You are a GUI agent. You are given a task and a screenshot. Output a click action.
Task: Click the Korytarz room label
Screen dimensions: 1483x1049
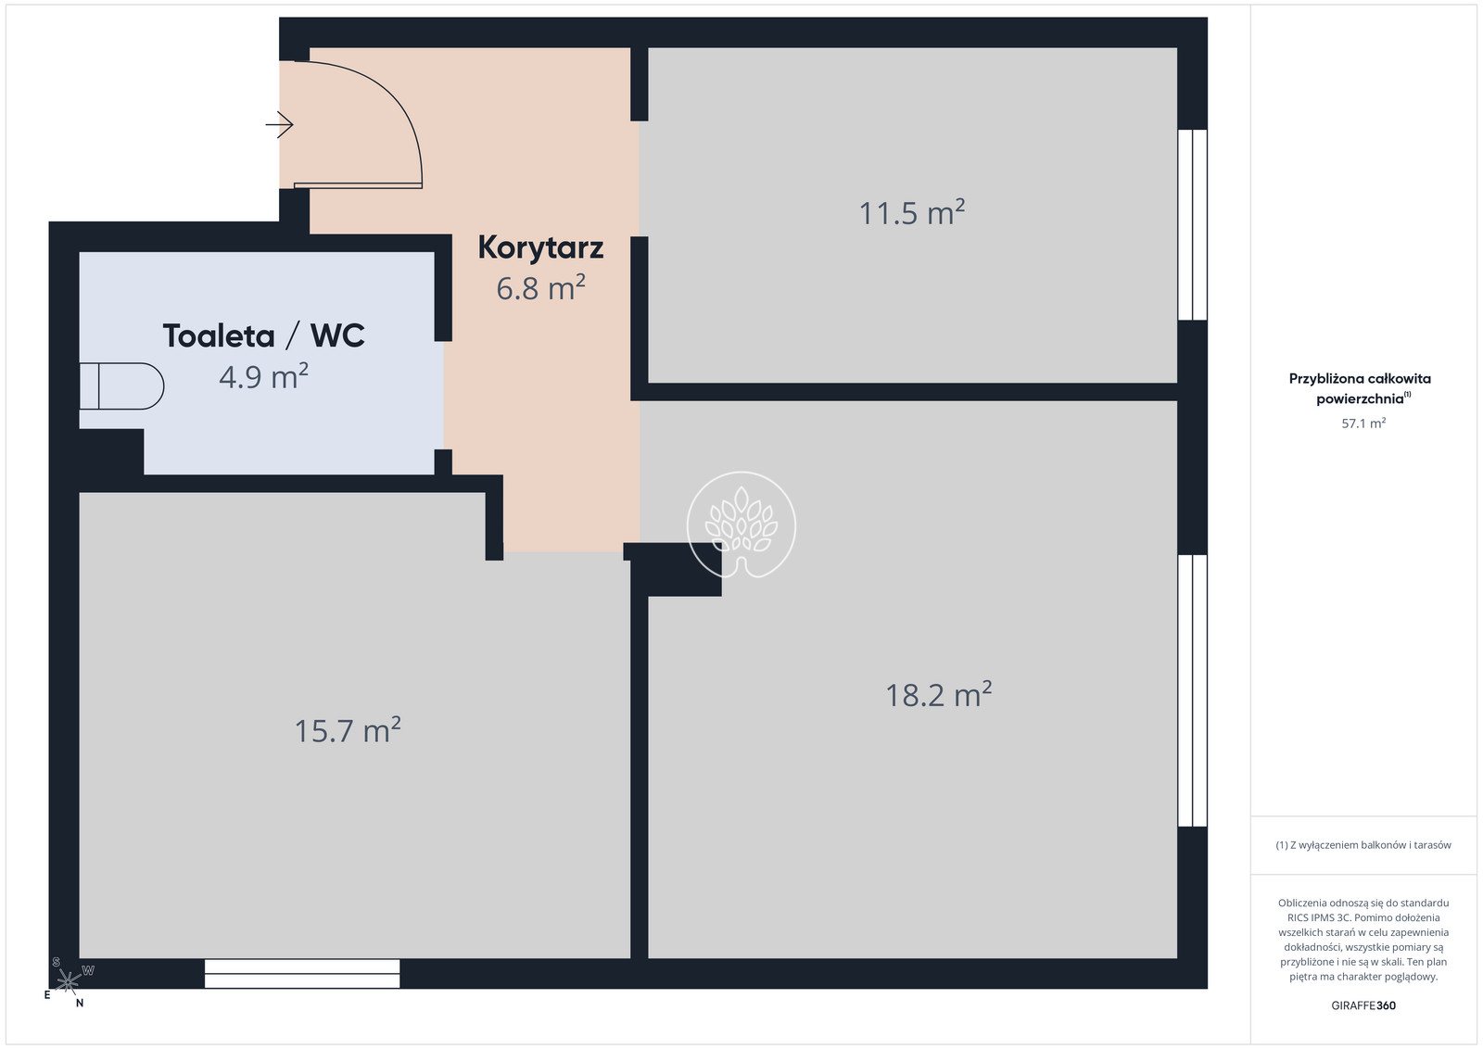[x=540, y=248]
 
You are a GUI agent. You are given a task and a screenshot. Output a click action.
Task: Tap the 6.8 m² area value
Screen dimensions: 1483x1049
[x=540, y=288]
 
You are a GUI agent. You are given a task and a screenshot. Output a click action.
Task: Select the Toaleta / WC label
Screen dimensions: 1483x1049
[x=263, y=335]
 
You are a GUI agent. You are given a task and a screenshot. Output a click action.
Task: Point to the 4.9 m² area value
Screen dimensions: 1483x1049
[x=263, y=376]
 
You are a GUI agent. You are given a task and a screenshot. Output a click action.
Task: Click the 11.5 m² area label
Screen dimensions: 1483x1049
[x=912, y=213]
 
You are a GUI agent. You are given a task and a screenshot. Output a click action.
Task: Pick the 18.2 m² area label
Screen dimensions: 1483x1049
[x=938, y=695]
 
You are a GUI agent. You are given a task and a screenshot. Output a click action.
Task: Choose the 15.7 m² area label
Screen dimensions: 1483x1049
[x=347, y=730]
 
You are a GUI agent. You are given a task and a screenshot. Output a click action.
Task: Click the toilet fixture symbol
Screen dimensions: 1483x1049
[x=121, y=385]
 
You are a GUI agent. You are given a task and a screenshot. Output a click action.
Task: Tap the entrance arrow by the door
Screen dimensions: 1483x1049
[x=279, y=124]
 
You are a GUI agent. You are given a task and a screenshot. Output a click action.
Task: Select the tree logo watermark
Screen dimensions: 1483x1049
[x=741, y=524]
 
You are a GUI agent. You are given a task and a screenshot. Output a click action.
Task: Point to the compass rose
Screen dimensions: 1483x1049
[x=69, y=982]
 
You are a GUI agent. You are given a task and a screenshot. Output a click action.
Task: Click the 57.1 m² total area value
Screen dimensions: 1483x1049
[x=1363, y=423]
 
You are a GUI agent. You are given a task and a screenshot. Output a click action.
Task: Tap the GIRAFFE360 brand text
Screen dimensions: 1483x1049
[x=1363, y=1005]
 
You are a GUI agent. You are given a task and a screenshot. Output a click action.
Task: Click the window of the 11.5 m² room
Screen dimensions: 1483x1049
[x=1192, y=224]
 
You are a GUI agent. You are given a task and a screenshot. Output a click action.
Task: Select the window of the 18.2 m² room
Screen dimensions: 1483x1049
[x=1192, y=690]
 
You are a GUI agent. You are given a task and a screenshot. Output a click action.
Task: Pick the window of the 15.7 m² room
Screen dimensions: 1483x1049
[x=302, y=974]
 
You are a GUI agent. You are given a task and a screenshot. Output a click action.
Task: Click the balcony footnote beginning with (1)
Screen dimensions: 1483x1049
[x=1363, y=845]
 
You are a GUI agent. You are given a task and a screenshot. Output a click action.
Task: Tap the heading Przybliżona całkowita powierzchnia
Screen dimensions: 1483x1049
[x=1360, y=388]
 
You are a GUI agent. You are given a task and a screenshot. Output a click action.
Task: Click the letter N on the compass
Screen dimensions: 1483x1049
[x=80, y=1004]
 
